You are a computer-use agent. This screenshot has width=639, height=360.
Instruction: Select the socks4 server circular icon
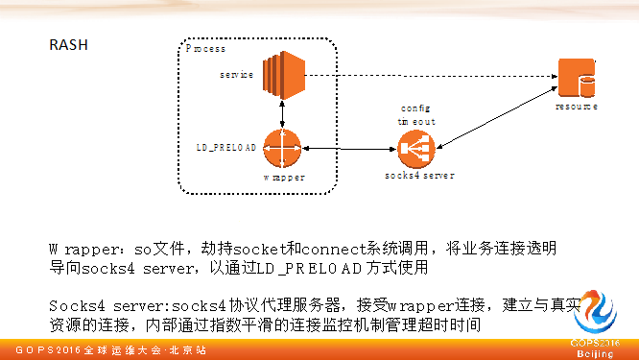416,149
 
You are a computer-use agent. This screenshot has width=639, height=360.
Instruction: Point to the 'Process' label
205,48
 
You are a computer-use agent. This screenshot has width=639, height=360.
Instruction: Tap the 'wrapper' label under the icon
284,178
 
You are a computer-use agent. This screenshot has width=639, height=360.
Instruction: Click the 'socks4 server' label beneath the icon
418,177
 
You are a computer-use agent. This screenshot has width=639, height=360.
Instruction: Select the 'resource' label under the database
577,107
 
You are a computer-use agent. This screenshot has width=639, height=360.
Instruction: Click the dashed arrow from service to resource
432,74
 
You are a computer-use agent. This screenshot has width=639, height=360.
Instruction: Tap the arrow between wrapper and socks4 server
350,150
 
